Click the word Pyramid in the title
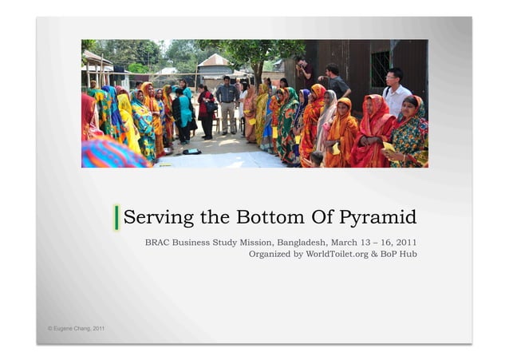click(x=378, y=218)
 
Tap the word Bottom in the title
click(x=267, y=217)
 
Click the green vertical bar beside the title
click(x=117, y=217)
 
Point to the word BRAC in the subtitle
click(x=157, y=242)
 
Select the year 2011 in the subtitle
click(x=404, y=242)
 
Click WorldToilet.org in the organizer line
click(x=328, y=254)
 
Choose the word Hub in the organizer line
click(x=408, y=254)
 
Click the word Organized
click(x=269, y=254)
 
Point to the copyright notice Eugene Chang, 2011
click(x=76, y=329)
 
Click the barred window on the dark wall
click(x=380, y=69)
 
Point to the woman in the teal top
click(x=184, y=112)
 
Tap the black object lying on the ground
click(x=191, y=151)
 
